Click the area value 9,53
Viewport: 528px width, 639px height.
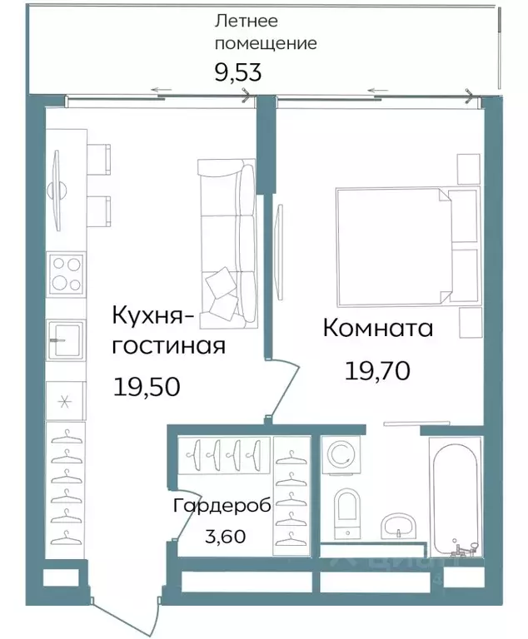pos(238,72)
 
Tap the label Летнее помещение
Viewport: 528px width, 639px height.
pos(265,32)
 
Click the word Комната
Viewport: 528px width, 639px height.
pos(377,328)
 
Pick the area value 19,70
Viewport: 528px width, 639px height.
pos(376,370)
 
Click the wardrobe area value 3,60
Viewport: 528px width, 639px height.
pos(224,536)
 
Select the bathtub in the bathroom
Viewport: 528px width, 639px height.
pos(454,495)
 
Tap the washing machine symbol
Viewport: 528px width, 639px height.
pos(341,454)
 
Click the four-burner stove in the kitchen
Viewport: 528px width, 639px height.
pos(66,275)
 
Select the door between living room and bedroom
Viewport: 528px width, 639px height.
pos(283,387)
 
